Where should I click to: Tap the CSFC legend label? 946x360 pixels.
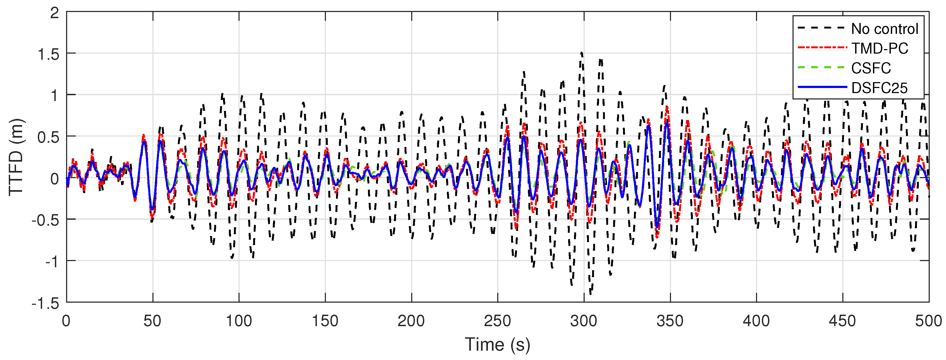point(871,68)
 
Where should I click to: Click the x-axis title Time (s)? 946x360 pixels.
point(497,345)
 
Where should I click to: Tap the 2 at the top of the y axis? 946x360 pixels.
point(54,13)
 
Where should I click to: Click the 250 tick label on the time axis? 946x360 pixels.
point(497,321)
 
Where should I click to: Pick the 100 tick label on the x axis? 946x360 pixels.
point(239,321)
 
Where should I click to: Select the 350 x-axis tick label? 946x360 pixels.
point(670,321)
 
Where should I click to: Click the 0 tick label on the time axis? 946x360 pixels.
point(66,321)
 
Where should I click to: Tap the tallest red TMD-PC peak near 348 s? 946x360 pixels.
point(666,107)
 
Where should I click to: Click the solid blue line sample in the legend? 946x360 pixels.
point(822,87)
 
